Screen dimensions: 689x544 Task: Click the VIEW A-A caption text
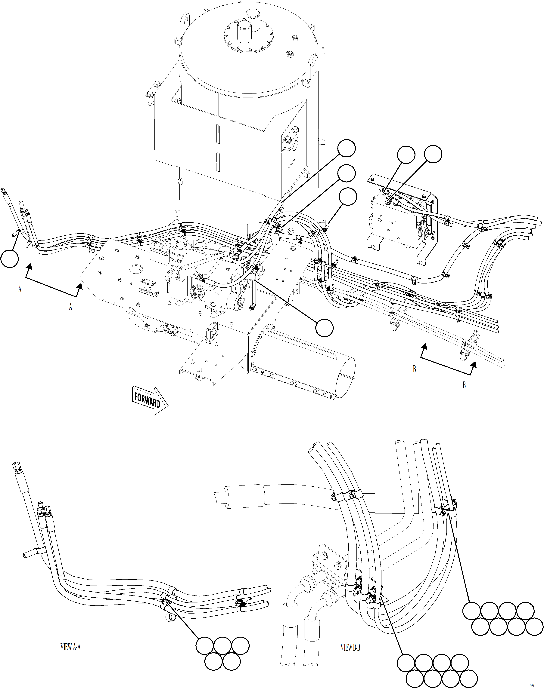[x=70, y=647]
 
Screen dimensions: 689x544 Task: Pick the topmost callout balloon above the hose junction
[x=347, y=148]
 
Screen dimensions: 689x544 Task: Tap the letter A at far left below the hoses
[x=20, y=289]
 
